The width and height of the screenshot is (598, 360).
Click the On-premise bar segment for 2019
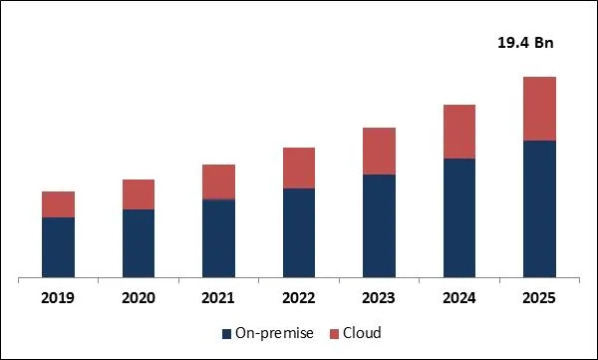click(x=59, y=246)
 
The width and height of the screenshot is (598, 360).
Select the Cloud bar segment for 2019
click(x=59, y=204)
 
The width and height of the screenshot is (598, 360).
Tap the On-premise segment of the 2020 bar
click(x=139, y=242)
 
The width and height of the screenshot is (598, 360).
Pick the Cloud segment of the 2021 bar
click(x=218, y=181)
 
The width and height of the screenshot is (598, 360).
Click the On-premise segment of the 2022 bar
click(x=299, y=231)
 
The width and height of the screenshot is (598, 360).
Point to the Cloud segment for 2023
click(x=379, y=151)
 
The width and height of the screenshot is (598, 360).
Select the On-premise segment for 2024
click(x=458, y=216)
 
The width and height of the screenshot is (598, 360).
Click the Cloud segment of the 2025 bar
click(x=539, y=109)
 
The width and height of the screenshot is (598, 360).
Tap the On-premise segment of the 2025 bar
click(x=539, y=207)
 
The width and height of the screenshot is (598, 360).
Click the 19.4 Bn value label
click(x=524, y=43)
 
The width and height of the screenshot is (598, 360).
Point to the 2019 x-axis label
click(x=59, y=298)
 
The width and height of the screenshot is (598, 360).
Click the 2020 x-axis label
click(x=139, y=298)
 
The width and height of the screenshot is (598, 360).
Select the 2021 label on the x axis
click(x=218, y=298)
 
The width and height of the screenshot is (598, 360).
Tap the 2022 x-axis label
click(x=299, y=298)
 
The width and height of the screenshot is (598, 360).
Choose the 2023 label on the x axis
click(x=379, y=298)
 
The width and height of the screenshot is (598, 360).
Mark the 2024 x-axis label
click(x=458, y=298)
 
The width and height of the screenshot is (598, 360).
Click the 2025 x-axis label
click(x=539, y=298)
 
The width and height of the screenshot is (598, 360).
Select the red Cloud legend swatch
click(x=335, y=333)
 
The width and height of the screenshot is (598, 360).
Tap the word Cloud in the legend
click(x=362, y=333)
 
